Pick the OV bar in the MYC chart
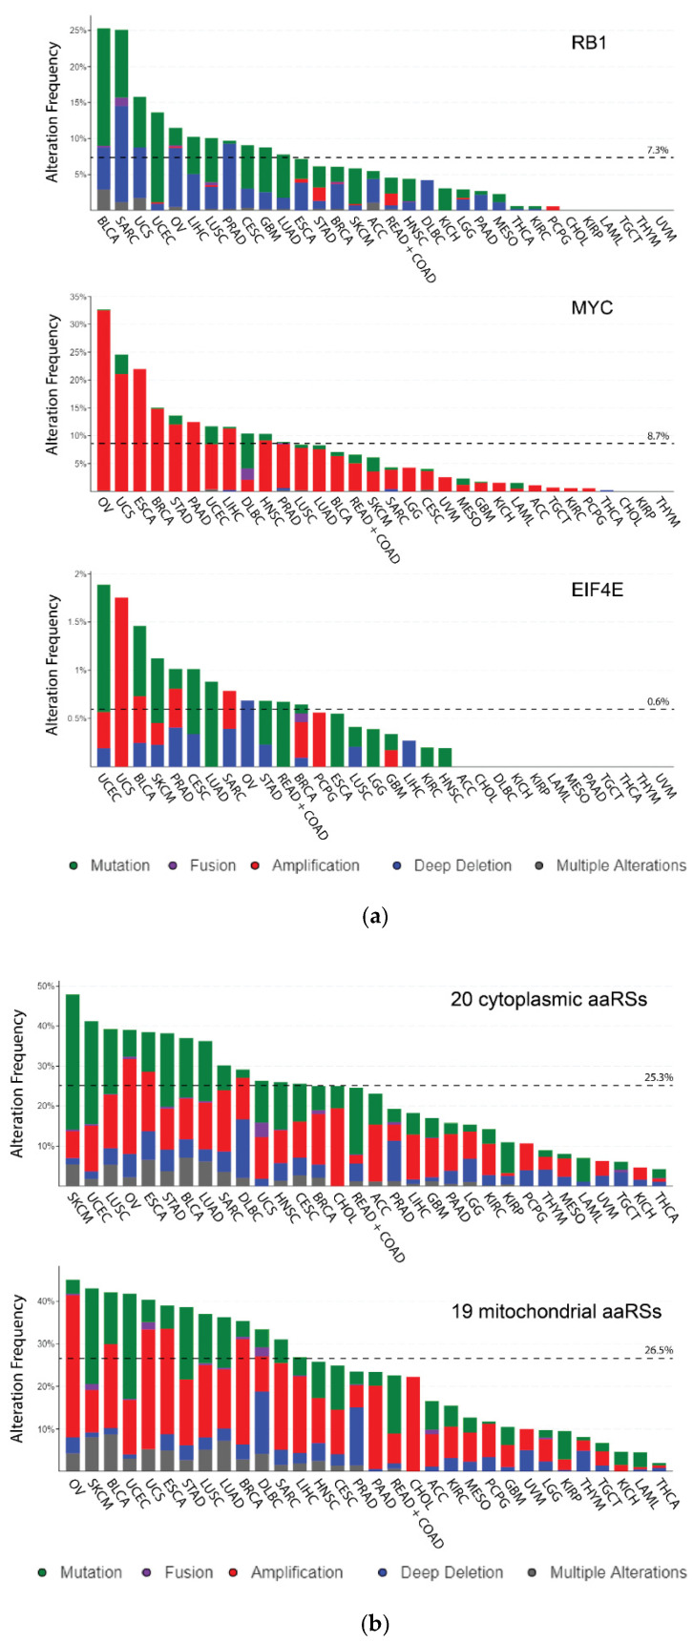point(104,401)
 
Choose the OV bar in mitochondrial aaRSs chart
point(73,1374)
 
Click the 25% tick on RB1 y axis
point(78,31)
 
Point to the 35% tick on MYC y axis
point(78,299)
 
